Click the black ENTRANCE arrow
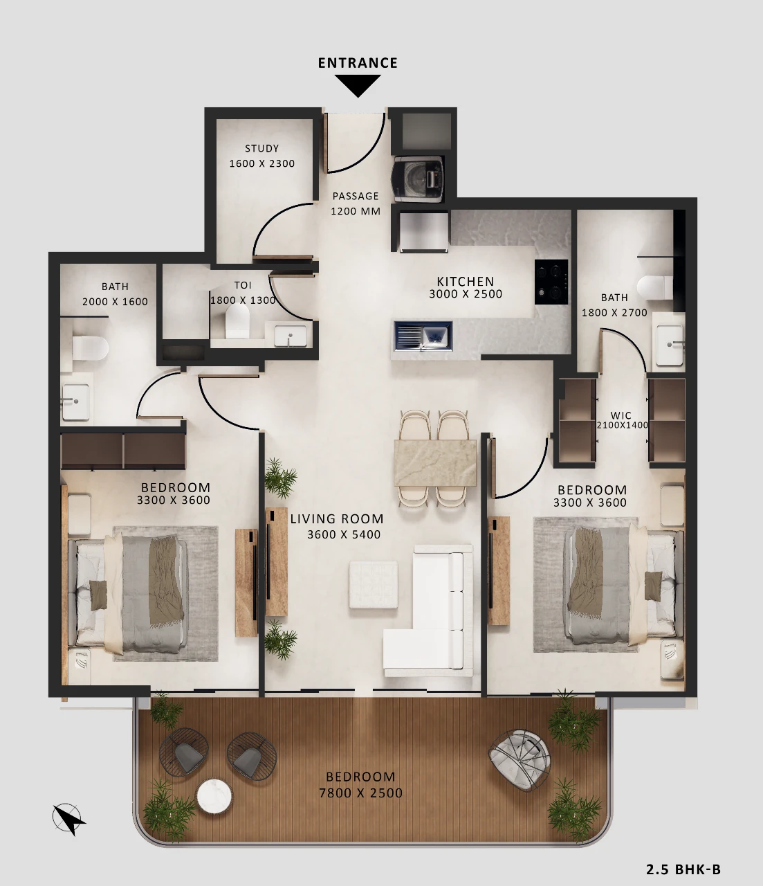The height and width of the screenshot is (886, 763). (x=358, y=86)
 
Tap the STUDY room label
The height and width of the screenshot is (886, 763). (x=261, y=148)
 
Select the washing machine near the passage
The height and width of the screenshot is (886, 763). (x=419, y=179)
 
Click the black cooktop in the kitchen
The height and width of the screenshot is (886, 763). (x=551, y=282)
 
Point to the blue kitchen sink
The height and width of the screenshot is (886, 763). (x=423, y=336)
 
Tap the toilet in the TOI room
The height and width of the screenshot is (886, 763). (x=237, y=321)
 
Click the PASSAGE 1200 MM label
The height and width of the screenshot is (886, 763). (x=356, y=204)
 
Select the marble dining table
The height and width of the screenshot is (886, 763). (x=435, y=462)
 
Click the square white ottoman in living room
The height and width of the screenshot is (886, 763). (x=373, y=585)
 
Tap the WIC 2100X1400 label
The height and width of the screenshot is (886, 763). (x=622, y=420)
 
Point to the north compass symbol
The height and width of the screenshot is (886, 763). (x=68, y=819)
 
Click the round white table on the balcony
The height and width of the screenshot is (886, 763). (x=214, y=795)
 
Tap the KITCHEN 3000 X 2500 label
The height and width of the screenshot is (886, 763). (x=466, y=288)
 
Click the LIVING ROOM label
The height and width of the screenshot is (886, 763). (x=337, y=519)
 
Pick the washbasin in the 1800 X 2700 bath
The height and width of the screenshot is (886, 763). (x=670, y=345)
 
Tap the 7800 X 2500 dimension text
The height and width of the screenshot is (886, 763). (x=360, y=793)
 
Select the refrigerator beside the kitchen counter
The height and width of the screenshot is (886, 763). (x=423, y=231)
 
